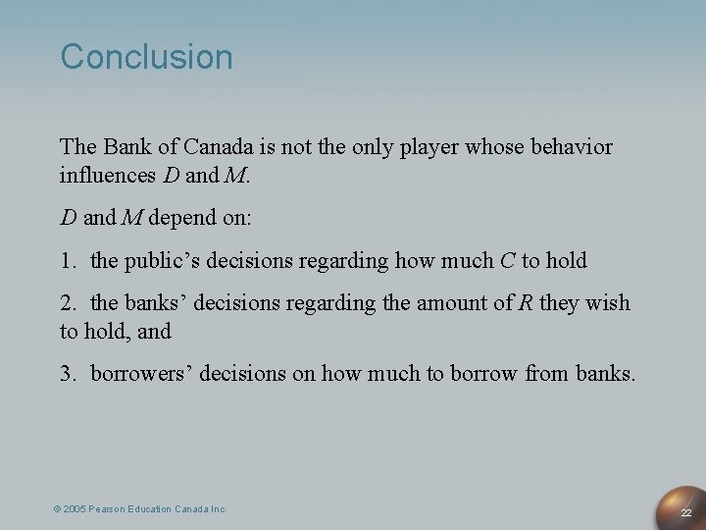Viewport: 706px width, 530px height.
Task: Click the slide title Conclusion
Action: point(147,57)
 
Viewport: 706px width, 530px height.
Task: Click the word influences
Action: point(105,178)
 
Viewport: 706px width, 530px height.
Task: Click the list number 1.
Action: point(67,261)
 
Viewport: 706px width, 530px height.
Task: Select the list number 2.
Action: point(67,304)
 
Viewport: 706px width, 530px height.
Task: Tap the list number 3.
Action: point(67,374)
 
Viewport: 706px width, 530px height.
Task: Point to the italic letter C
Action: point(507,261)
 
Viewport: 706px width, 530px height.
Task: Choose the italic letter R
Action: point(526,304)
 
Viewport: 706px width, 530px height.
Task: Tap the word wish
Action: point(609,304)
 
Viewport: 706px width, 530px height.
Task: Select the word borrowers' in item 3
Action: point(136,374)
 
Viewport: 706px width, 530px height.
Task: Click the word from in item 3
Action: point(544,374)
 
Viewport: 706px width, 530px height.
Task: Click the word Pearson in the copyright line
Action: point(112,509)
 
